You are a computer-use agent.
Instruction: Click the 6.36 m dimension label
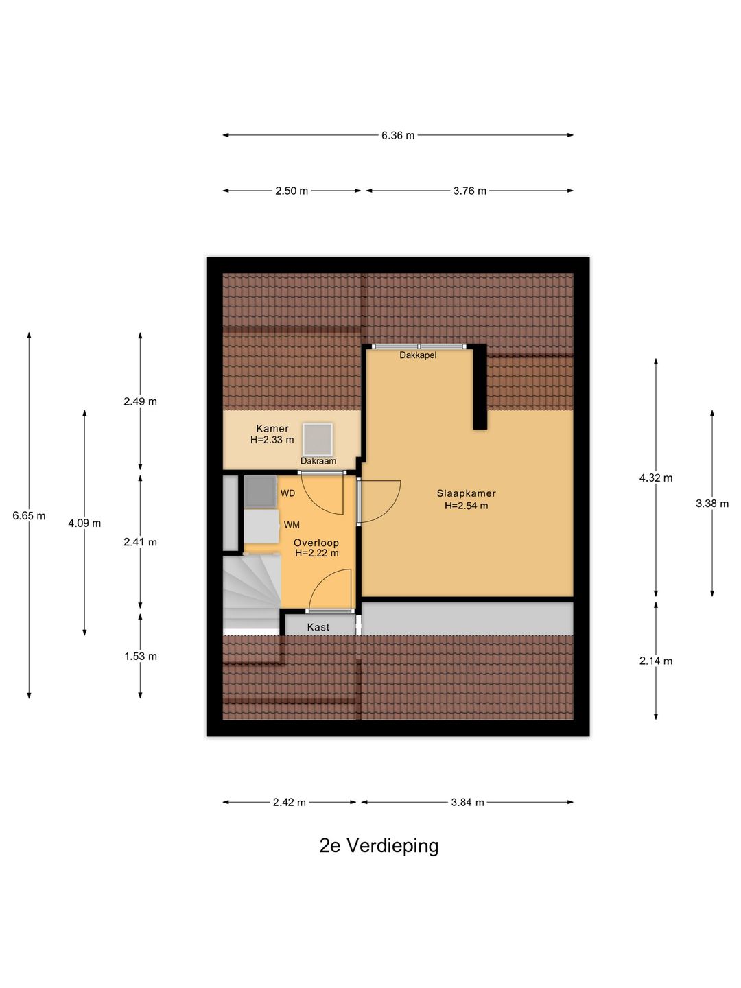398,136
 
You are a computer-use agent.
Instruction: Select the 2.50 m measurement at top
292,191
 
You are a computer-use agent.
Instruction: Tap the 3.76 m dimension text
469,191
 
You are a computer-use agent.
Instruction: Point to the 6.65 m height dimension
29,516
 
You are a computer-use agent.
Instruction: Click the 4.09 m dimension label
84,524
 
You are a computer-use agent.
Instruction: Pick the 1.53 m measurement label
141,657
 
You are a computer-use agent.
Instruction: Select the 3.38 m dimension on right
712,504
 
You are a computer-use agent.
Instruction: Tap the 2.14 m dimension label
656,661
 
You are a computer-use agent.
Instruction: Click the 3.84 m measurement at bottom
467,802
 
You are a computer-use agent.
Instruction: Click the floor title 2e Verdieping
379,846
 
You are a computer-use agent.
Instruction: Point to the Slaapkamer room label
466,493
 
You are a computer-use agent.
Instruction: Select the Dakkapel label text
418,355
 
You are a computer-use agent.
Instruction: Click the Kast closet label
318,627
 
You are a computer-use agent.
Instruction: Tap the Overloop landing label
316,543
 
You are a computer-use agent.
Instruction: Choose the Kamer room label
272,429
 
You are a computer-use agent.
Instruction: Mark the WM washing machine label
292,525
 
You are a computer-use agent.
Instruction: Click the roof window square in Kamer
318,439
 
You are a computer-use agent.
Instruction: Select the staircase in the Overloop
251,593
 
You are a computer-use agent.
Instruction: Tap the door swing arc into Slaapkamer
381,501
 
